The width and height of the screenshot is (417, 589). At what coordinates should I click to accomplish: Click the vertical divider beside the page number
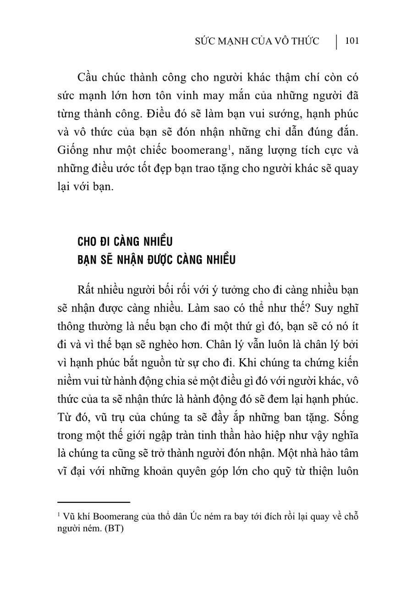[x=337, y=41]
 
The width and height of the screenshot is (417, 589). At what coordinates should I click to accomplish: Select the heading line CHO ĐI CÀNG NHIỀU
[x=125, y=241]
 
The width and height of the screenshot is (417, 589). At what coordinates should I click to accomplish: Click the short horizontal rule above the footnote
[x=94, y=502]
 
